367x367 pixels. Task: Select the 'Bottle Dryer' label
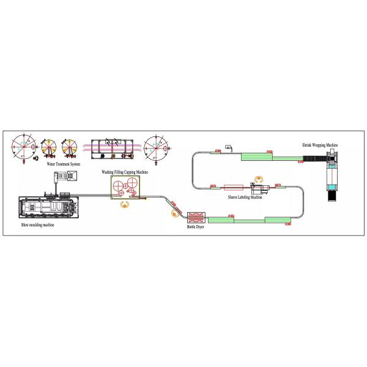pyautogui.click(x=196, y=227)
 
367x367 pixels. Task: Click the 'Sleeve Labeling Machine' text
pyautogui.click(x=245, y=198)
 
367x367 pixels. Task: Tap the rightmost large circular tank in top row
pyautogui.click(x=157, y=147)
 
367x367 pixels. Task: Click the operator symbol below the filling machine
pyautogui.click(x=125, y=204)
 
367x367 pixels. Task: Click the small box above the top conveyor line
pyautogui.click(x=226, y=147)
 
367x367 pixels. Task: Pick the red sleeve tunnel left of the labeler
pyautogui.click(x=234, y=188)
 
